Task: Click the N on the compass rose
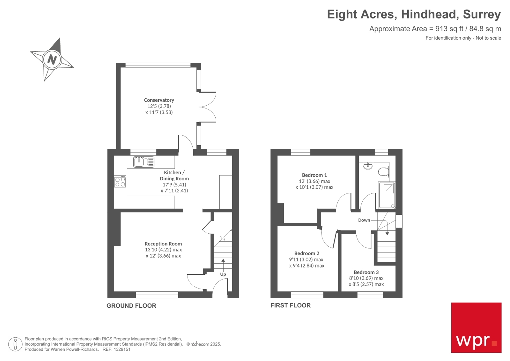click(x=52, y=59)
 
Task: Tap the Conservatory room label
click(x=159, y=100)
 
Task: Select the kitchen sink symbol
click(x=144, y=162)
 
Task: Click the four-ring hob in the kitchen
click(x=120, y=182)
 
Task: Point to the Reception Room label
click(x=163, y=244)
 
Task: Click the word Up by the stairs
click(x=223, y=274)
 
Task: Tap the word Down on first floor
click(x=364, y=220)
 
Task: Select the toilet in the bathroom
click(x=384, y=172)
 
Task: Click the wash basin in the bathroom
click(x=368, y=165)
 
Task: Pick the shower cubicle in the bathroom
click(x=387, y=195)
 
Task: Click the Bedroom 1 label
click(x=314, y=175)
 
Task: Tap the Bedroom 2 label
click(x=307, y=253)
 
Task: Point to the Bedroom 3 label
click(x=366, y=272)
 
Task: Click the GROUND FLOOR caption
click(x=131, y=306)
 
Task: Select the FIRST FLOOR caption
click(x=290, y=305)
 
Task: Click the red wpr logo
click(x=476, y=327)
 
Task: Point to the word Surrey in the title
click(x=482, y=14)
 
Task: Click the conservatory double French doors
click(x=207, y=107)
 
